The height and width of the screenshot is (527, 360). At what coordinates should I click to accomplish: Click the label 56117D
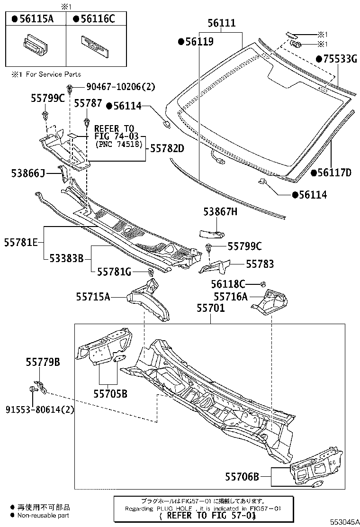[334, 173]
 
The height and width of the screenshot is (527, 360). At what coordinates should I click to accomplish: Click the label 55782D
[167, 148]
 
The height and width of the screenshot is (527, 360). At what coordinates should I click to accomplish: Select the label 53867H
[220, 212]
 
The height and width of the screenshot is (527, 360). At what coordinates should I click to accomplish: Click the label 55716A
[231, 297]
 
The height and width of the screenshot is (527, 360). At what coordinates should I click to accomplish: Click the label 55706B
[242, 476]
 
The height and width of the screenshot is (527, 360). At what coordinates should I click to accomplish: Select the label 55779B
[43, 363]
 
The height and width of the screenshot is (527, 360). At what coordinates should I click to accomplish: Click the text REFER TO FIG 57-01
[209, 515]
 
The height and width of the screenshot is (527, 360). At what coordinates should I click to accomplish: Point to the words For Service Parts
[53, 74]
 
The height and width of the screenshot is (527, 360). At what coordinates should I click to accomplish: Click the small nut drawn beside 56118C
[262, 284]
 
